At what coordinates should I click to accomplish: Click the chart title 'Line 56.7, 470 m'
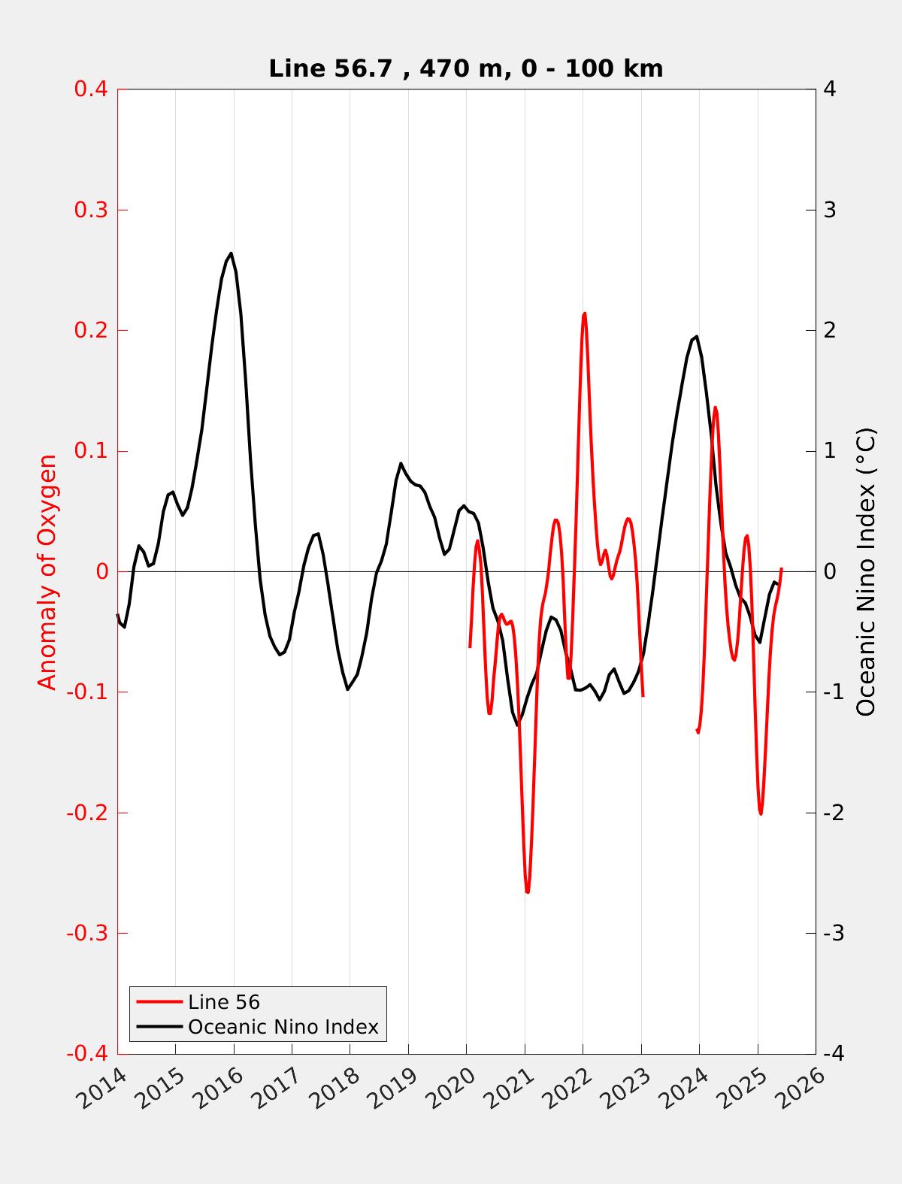point(465,68)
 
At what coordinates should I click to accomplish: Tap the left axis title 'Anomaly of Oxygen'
point(47,571)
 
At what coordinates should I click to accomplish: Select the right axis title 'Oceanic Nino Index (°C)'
point(866,571)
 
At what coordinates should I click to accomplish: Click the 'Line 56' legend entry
point(224,1001)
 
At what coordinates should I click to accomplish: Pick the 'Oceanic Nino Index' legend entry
point(283,1026)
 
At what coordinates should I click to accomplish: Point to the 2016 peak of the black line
point(231,253)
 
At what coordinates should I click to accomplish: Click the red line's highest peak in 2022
point(584,313)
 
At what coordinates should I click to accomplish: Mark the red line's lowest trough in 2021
point(528,892)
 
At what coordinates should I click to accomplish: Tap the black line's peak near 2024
point(697,336)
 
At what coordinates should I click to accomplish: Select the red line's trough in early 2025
point(761,814)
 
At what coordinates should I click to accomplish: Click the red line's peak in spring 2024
point(715,407)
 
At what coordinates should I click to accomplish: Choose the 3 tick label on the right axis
point(830,210)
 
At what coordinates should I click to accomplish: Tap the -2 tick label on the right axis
point(833,813)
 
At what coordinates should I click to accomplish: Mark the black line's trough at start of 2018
point(348,689)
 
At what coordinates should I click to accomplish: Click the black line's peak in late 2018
point(401,463)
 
